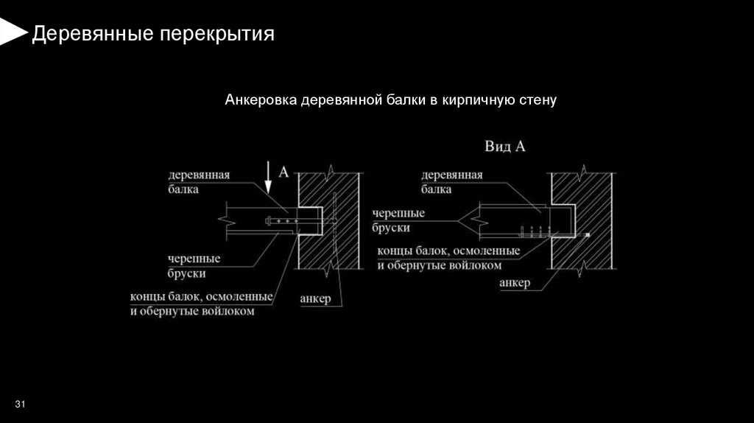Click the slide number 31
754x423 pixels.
point(20,403)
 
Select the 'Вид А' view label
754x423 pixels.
point(504,147)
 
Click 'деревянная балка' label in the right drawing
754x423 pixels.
point(452,182)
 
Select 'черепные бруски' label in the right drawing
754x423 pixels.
point(398,220)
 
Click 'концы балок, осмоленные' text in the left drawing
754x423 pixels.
point(202,297)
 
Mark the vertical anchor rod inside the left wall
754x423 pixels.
point(334,221)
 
